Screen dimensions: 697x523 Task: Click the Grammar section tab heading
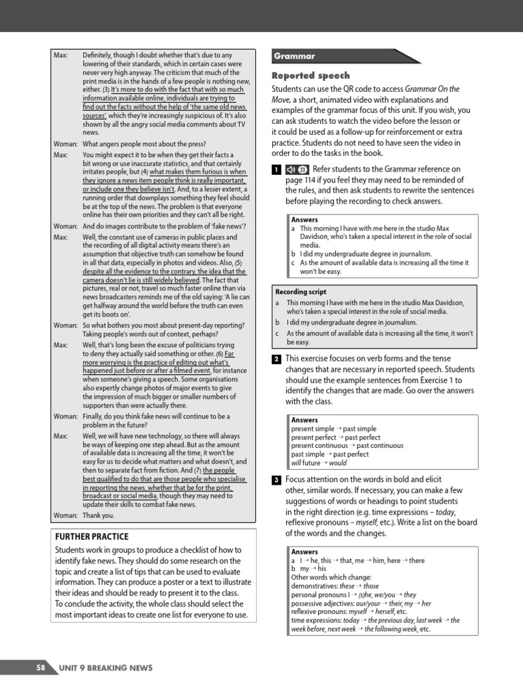[x=296, y=56]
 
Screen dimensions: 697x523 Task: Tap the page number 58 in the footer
[x=41, y=668]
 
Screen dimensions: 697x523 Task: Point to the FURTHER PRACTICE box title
[x=91, y=536]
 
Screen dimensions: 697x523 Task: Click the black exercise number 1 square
[x=276, y=169]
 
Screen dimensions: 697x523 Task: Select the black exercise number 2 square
[x=276, y=359]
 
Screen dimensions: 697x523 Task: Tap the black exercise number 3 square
[x=276, y=481]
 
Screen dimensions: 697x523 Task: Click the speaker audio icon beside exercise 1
[x=291, y=169]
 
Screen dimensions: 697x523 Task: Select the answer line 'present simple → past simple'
[x=326, y=429]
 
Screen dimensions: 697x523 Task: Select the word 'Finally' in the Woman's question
[x=95, y=416]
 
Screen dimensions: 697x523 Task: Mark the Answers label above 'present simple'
[x=304, y=420]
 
